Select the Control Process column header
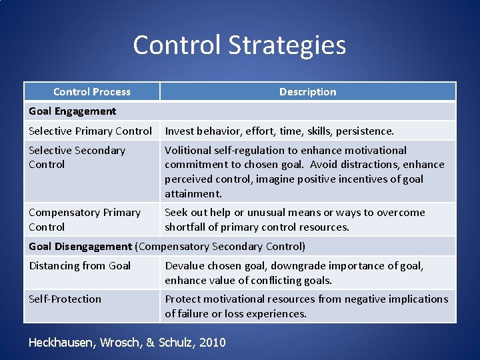(x=92, y=92)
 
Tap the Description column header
(x=307, y=92)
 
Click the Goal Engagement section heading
(x=72, y=111)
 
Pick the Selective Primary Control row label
(x=90, y=131)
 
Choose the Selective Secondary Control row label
(x=77, y=157)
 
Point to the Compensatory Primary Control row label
(x=84, y=219)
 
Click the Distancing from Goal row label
(x=79, y=266)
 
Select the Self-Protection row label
(x=65, y=299)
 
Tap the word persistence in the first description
(x=367, y=131)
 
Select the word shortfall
(x=188, y=227)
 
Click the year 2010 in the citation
(x=212, y=343)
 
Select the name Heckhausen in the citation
(x=63, y=343)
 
